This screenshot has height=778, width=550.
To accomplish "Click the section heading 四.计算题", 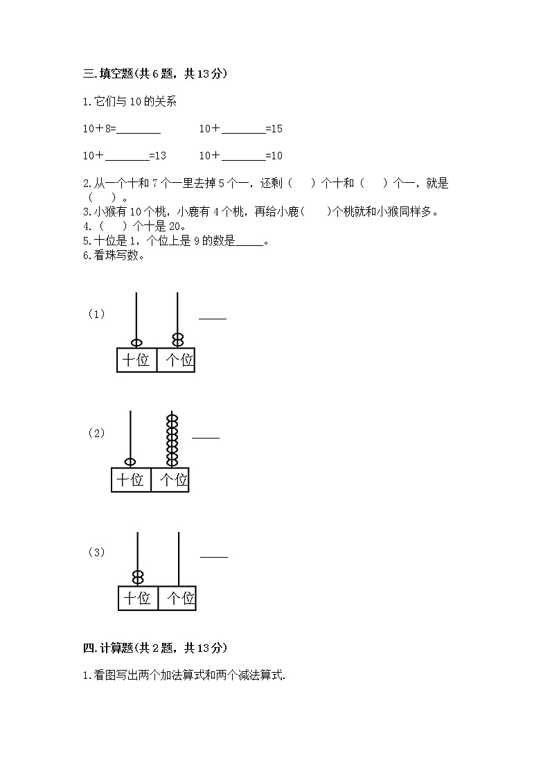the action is (154, 648).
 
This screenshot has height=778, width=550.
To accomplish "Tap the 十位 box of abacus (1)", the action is (136, 360).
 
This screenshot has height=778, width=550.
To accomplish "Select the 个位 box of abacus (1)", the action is (177, 360).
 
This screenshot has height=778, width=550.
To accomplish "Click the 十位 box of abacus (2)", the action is (131, 479).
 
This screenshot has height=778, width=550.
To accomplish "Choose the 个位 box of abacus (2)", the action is (170, 479).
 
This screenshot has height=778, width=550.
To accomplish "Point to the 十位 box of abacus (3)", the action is (138, 598).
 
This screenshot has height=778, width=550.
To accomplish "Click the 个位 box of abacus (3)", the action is (178, 598).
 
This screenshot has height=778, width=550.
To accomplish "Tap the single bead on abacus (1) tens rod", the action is (136, 342).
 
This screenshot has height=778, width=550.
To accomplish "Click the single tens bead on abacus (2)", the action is (130, 462).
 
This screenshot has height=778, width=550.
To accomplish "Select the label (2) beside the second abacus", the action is (96, 434).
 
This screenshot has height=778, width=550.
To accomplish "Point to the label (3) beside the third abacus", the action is (96, 552).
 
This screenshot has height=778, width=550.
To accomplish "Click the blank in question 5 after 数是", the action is (249, 242).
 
